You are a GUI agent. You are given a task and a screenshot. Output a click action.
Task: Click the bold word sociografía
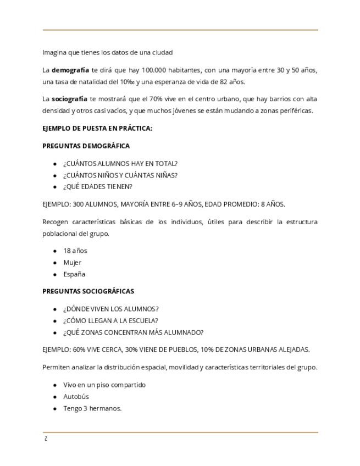click(x=69, y=99)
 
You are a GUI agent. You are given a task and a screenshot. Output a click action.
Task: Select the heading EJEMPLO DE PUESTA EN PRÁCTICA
click(x=97, y=129)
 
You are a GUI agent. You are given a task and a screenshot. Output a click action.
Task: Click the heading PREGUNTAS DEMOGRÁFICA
click(x=86, y=146)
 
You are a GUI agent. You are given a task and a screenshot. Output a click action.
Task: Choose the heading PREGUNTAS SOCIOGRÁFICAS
click(x=88, y=291)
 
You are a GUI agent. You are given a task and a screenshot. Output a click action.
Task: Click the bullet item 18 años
click(x=75, y=251)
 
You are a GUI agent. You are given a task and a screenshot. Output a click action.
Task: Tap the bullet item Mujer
click(x=72, y=262)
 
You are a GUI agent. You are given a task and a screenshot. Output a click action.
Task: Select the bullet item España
click(x=74, y=274)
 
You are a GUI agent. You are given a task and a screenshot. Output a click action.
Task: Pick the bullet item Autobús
click(x=76, y=396)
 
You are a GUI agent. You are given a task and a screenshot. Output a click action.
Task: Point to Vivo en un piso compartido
click(x=104, y=385)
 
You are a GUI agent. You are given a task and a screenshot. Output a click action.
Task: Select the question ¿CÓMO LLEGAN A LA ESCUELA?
click(x=110, y=320)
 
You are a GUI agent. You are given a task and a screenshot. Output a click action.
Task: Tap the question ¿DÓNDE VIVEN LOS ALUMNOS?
click(x=110, y=309)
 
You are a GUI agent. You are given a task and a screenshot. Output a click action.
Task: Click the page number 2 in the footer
click(x=46, y=439)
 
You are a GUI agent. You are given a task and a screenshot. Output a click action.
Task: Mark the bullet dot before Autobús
click(x=55, y=397)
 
